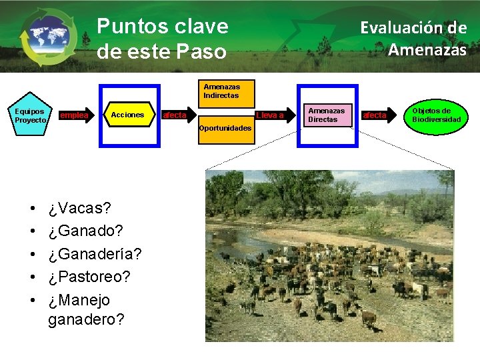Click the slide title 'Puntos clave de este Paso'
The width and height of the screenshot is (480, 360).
tap(163, 38)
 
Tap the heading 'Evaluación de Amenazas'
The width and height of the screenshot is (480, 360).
tap(413, 39)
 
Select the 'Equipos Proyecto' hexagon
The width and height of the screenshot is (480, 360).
tap(30, 115)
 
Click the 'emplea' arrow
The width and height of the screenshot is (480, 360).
tap(74, 115)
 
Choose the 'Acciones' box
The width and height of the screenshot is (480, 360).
tap(127, 115)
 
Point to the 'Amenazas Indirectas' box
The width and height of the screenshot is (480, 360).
tap(221, 91)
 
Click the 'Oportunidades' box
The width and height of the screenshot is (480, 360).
tap(225, 127)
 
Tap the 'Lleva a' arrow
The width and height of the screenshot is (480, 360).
tap(270, 115)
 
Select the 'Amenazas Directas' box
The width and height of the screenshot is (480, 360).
tap(326, 115)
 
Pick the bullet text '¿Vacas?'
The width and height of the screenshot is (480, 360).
tap(79, 208)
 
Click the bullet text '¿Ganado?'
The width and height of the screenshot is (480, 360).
tap(86, 231)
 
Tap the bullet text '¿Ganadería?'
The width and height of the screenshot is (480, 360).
tap(95, 254)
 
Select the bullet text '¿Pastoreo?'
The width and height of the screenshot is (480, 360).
tap(89, 277)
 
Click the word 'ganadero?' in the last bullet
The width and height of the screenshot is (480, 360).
tap(86, 319)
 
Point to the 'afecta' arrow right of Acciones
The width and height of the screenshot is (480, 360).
tap(175, 115)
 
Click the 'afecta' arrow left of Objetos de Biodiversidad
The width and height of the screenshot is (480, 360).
tap(374, 115)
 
